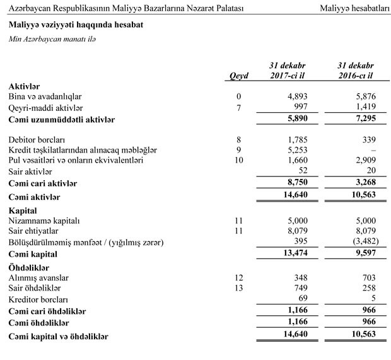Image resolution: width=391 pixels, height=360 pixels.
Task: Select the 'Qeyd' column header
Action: (239, 76)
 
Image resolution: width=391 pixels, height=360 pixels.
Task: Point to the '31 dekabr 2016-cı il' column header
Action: (356, 71)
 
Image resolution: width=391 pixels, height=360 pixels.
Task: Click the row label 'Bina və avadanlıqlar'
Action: (45, 96)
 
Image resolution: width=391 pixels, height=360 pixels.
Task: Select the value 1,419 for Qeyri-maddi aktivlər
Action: (365, 108)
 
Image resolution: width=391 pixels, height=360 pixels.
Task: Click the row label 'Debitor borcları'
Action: (38, 139)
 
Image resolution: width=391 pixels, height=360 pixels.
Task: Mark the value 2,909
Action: (365, 160)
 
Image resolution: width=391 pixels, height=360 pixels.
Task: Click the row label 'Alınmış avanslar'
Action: (39, 278)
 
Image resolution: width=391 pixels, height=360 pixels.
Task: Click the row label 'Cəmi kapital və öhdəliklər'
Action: (59, 337)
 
